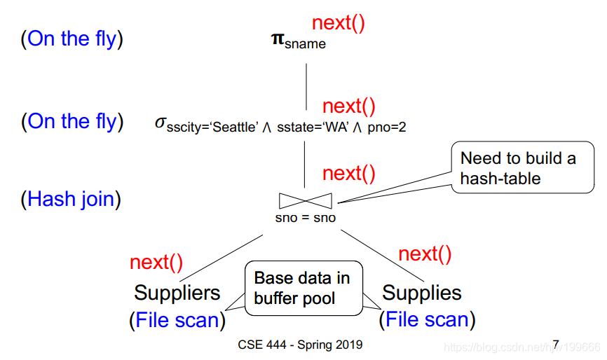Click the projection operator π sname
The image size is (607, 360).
coord(298,40)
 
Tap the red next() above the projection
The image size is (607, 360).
coord(339,22)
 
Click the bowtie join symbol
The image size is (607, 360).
coord(306,201)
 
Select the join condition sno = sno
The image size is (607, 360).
coord(306,218)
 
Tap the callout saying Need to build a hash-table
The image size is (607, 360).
coord(517,168)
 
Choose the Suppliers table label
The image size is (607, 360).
coord(177,292)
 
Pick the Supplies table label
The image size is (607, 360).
coord(422,292)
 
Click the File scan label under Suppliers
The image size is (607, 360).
coord(177,320)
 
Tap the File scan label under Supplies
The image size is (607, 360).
coord(427,320)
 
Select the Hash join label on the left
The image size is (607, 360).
coord(71,199)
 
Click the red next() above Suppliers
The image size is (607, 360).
coord(156,262)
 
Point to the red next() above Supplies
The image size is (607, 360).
coord(425,254)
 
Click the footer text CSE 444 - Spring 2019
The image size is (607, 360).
coord(301,345)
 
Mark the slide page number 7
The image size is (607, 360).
coord(556,344)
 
